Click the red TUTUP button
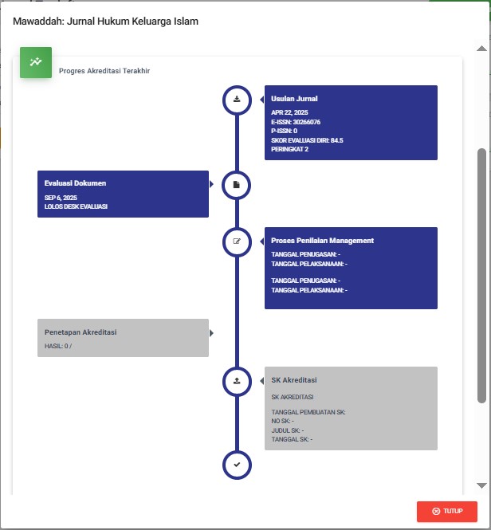(x=446, y=511)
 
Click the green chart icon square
(x=36, y=62)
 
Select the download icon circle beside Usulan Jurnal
(x=237, y=100)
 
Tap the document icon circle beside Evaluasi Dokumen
(x=237, y=185)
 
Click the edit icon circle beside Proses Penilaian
(x=237, y=241)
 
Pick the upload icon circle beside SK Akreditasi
(x=237, y=381)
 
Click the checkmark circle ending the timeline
(x=237, y=465)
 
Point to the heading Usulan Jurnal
(x=294, y=99)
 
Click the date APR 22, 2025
(x=289, y=112)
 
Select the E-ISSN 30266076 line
(x=296, y=122)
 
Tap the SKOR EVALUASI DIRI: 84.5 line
(x=307, y=140)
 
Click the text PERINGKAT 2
(x=289, y=149)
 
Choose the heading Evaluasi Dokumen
(x=75, y=183)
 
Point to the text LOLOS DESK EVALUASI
(x=76, y=206)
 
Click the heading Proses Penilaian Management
(x=322, y=241)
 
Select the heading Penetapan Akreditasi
(x=81, y=332)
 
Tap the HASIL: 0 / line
(x=58, y=346)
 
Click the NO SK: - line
(x=282, y=421)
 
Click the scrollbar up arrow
(x=481, y=49)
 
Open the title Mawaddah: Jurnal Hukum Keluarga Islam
(x=105, y=22)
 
